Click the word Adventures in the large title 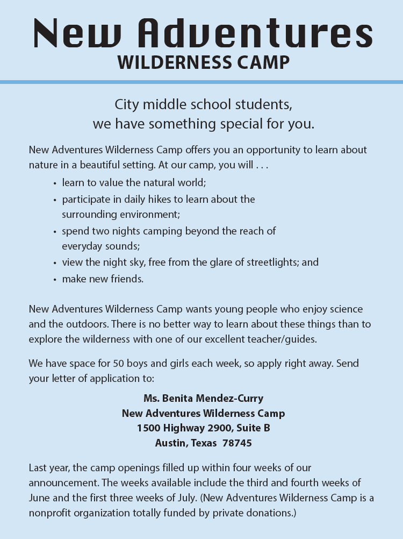tap(255, 33)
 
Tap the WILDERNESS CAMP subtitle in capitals tap(204, 62)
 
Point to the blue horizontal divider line tap(201, 82)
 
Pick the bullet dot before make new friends tap(55, 280)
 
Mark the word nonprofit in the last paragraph tap(50, 513)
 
